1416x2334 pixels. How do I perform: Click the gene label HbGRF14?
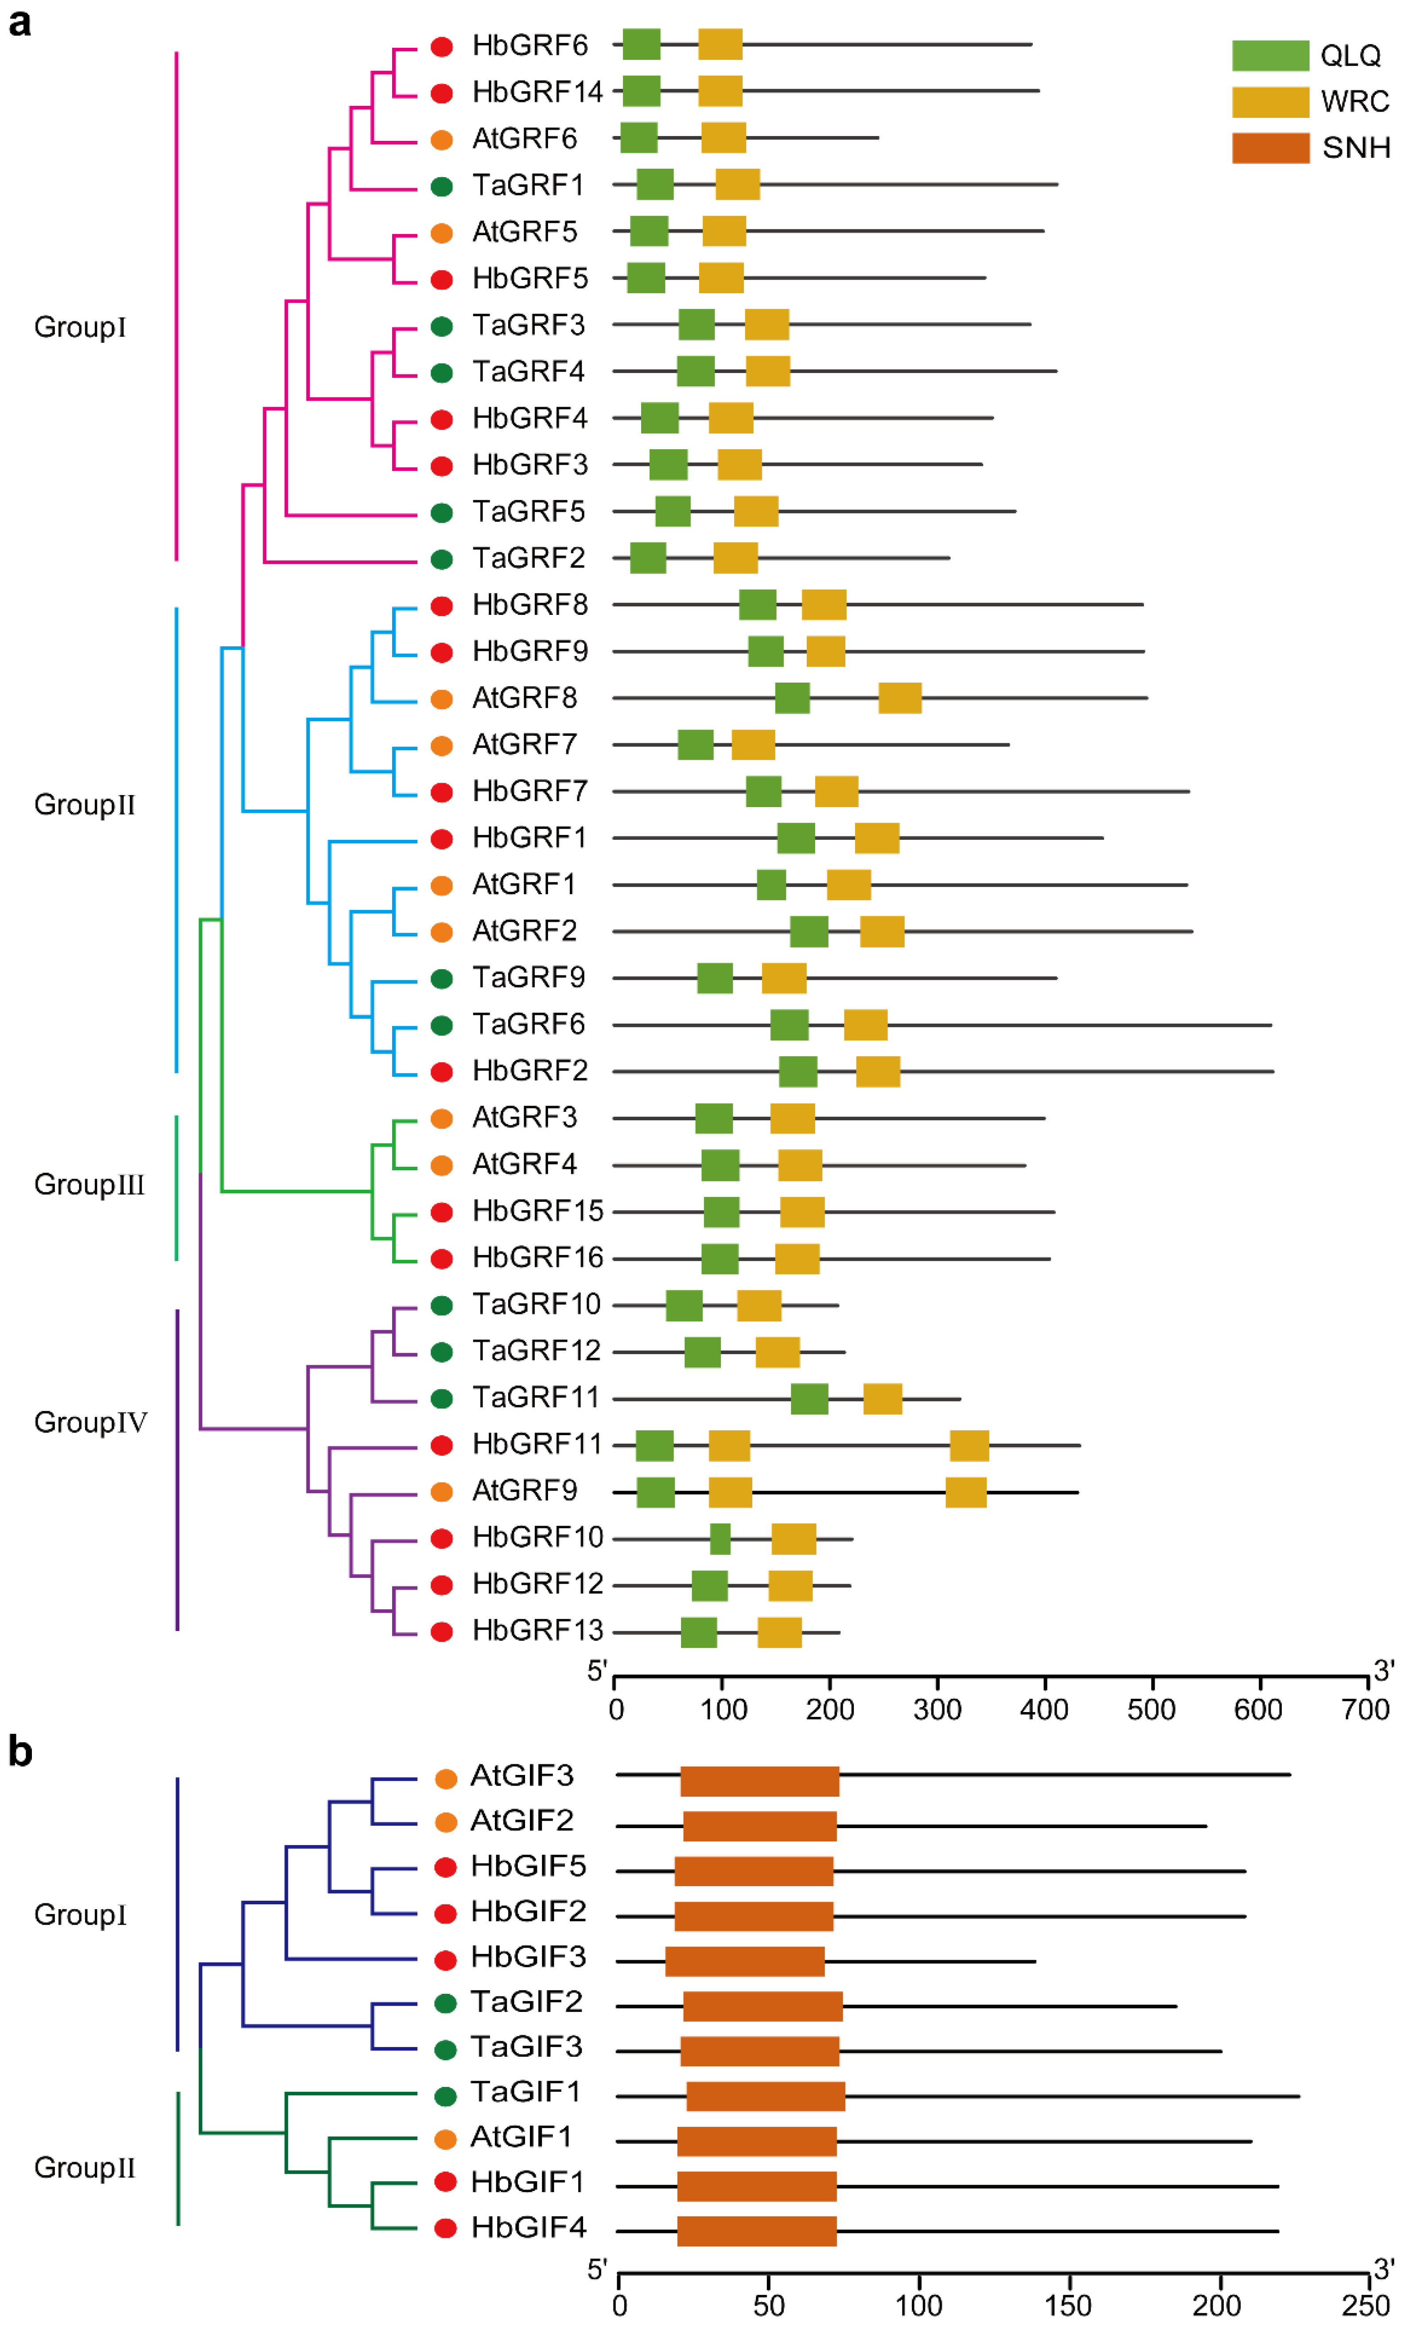pyautogui.click(x=537, y=92)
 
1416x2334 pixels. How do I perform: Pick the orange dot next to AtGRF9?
pyautogui.click(x=441, y=1492)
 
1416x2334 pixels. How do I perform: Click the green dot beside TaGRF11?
pyautogui.click(x=441, y=1399)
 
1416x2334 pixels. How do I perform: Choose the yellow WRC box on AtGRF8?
pyautogui.click(x=900, y=698)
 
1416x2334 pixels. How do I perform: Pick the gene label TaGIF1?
pyautogui.click(x=525, y=2092)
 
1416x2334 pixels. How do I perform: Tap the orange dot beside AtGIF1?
pyautogui.click(x=445, y=2139)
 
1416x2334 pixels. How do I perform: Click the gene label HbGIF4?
pyautogui.click(x=529, y=2227)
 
